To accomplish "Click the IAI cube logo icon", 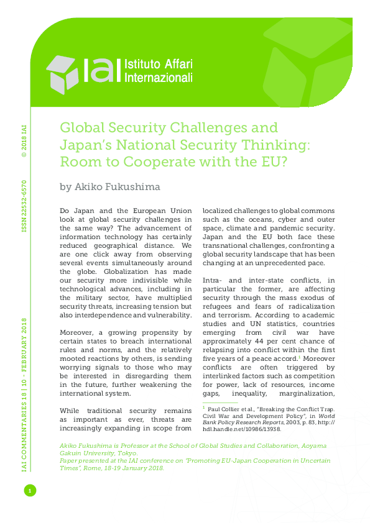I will pyautogui.click(x=62, y=71).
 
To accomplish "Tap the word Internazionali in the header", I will pyautogui.click(x=159, y=78).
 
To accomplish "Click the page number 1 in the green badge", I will pyautogui.click(x=28, y=491).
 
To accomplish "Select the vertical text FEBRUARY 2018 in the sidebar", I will pyautogui.click(x=24, y=343).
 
